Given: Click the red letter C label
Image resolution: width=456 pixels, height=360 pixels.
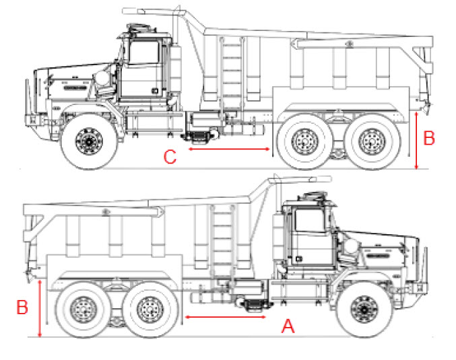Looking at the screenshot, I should (170, 157).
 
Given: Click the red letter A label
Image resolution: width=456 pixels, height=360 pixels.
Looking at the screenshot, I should (288, 327).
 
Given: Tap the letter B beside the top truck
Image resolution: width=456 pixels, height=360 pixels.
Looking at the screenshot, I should (429, 139).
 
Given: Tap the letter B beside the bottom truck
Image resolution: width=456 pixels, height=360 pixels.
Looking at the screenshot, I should (22, 308).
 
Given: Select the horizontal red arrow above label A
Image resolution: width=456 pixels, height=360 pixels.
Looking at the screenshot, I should (226, 316).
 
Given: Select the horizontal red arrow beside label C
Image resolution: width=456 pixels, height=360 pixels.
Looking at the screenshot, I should (229, 149).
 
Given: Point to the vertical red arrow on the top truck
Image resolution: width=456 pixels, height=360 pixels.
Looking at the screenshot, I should (418, 141).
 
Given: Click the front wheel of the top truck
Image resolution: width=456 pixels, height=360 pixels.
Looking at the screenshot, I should (88, 141).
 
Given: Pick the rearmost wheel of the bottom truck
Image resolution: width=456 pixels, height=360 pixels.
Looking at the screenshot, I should (84, 310).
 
